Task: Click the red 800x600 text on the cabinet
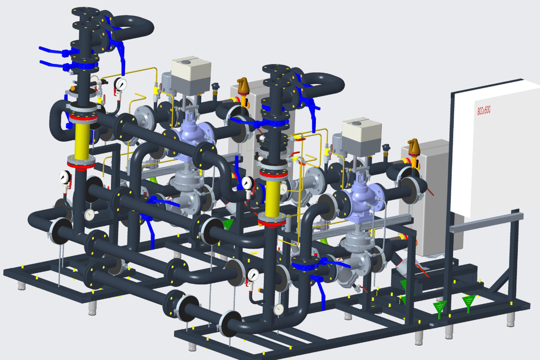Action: click(x=484, y=110)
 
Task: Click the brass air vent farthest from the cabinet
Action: click(x=243, y=88)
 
